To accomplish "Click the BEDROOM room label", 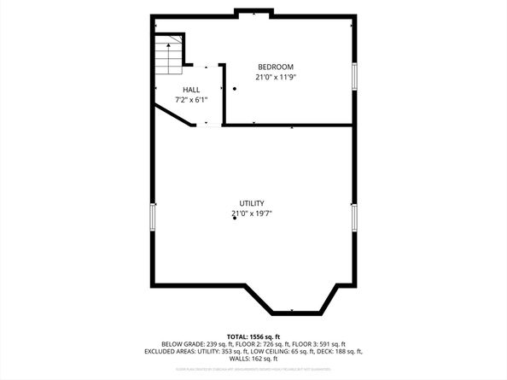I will point(276,67).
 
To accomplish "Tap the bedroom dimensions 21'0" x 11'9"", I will point(276,77).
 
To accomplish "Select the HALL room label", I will point(190,89).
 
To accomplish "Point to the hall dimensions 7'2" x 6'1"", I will point(190,99).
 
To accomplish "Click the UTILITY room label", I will point(251,203).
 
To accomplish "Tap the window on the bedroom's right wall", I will point(353,74).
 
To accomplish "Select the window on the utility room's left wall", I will point(154,216).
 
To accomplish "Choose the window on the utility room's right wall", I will point(353,216).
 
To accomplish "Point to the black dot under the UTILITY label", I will point(234,219).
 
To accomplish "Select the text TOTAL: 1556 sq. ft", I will point(253,336).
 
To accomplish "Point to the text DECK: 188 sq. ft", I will point(340,351).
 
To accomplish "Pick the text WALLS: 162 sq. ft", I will point(253,359).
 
